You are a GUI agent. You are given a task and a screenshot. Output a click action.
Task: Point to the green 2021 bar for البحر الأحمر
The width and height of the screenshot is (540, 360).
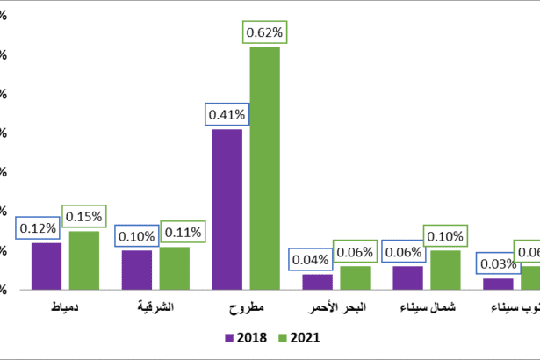[x=355, y=277]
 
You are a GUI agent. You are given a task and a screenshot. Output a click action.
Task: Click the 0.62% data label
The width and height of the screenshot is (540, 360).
[x=264, y=32]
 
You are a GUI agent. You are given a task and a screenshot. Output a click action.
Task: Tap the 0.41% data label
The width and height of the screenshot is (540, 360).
[x=227, y=114]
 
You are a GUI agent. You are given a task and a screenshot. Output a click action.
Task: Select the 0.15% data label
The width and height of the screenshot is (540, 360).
[x=84, y=216]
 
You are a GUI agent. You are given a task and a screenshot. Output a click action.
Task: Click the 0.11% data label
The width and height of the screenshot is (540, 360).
[x=182, y=233]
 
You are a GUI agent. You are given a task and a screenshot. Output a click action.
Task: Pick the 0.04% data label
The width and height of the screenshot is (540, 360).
[x=310, y=259]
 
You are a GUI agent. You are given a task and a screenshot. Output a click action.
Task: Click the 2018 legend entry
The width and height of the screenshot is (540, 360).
[x=246, y=337]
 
